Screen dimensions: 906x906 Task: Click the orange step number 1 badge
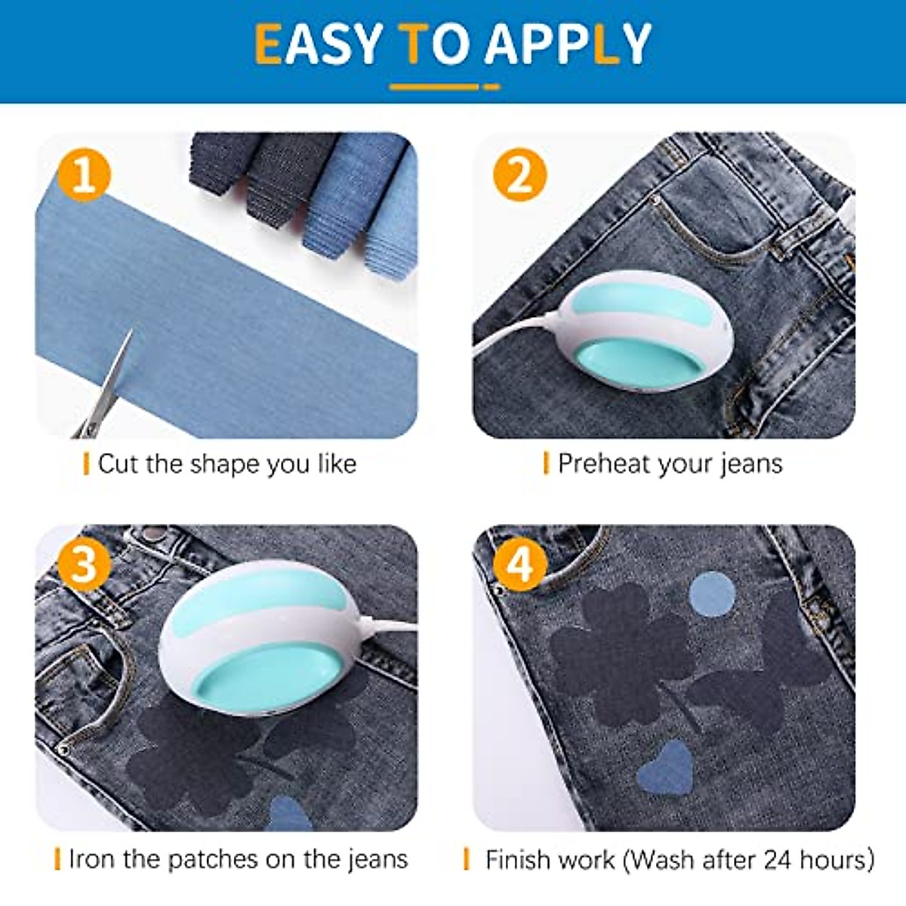point(84,174)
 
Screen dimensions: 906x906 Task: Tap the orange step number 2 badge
point(519,174)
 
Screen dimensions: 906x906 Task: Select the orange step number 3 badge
point(84,564)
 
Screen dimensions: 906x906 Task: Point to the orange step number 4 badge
point(519,564)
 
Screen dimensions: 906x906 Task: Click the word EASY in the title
point(318,44)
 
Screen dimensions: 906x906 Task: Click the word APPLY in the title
point(568,44)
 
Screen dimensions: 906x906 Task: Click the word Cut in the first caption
point(119,464)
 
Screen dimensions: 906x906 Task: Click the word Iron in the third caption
point(91,859)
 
